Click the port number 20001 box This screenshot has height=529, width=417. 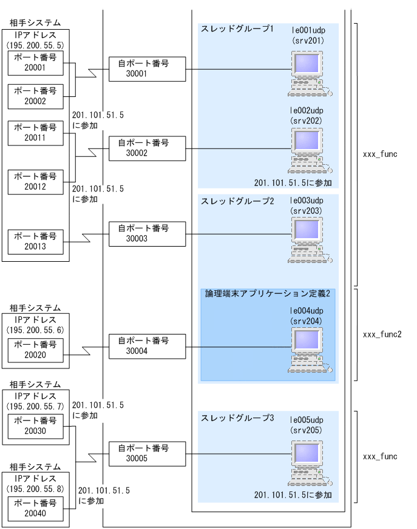click(36, 64)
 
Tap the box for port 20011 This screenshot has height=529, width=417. click(36, 133)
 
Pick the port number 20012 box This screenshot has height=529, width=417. click(36, 182)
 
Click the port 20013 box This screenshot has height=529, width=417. click(36, 242)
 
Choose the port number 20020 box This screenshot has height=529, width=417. click(36, 350)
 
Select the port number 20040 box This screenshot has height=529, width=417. click(36, 507)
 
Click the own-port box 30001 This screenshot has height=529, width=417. click(147, 68)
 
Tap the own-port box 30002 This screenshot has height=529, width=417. click(147, 148)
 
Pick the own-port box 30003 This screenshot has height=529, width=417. click(147, 233)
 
